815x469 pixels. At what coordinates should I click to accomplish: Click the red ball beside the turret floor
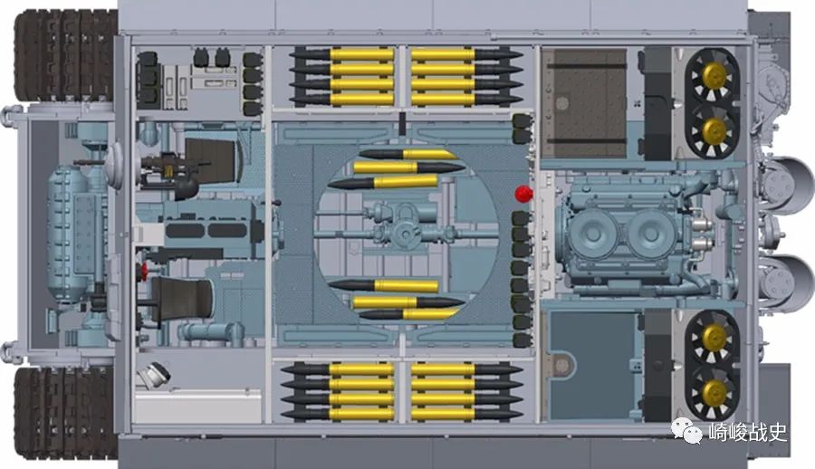(x=523, y=194)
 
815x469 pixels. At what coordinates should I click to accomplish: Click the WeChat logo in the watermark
(x=686, y=432)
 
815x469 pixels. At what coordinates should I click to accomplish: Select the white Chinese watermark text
(x=749, y=432)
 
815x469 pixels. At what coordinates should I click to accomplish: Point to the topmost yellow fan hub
(x=714, y=76)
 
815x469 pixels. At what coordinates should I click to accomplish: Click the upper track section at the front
(x=65, y=55)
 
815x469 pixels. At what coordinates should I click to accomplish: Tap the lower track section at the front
(x=65, y=414)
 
